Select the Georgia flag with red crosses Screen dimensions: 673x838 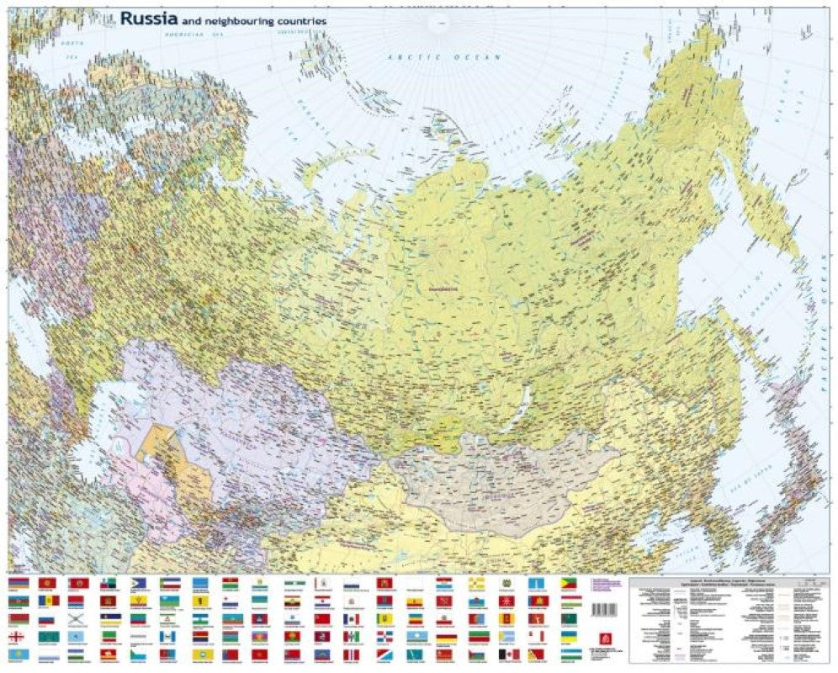click(17, 637)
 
